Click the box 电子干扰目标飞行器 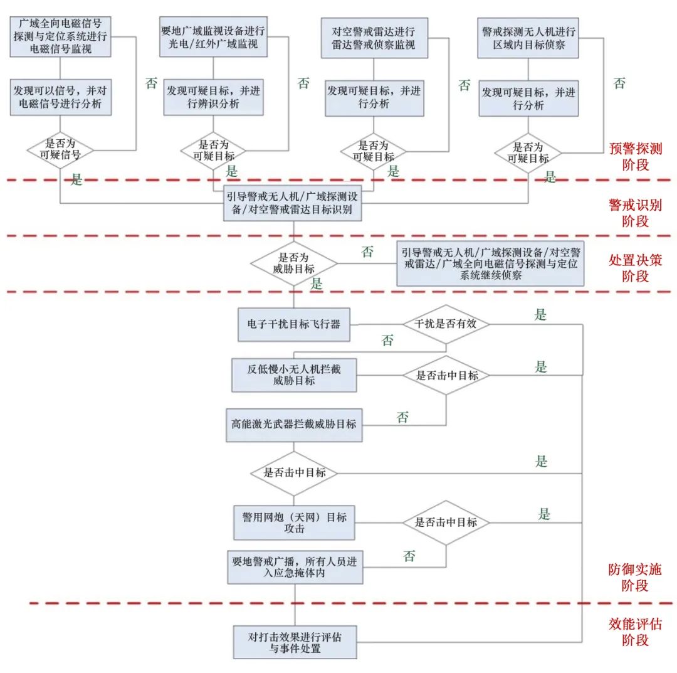click(294, 325)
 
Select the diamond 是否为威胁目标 click(294, 263)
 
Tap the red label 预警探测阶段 click(635, 157)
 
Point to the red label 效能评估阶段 click(635, 632)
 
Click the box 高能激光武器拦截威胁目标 click(294, 425)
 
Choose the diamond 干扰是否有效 click(446, 324)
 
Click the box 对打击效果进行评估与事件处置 click(295, 642)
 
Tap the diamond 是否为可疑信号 click(60, 151)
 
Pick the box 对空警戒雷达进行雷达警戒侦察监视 click(374, 38)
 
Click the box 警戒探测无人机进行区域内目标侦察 click(528, 38)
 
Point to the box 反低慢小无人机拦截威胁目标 click(294, 374)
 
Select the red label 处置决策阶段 click(635, 268)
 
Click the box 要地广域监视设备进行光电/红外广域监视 click(214, 38)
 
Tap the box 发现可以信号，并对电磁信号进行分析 click(60, 97)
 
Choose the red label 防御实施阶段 click(635, 578)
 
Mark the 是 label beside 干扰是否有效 click(540, 315)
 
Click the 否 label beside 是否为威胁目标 click(367, 252)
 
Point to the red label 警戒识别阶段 click(635, 213)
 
